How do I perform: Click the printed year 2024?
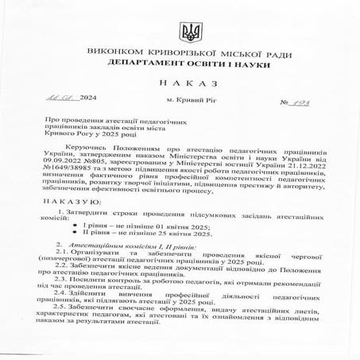87,99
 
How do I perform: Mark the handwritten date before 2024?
60,98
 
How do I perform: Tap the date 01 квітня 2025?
160,226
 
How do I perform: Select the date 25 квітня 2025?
162,235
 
